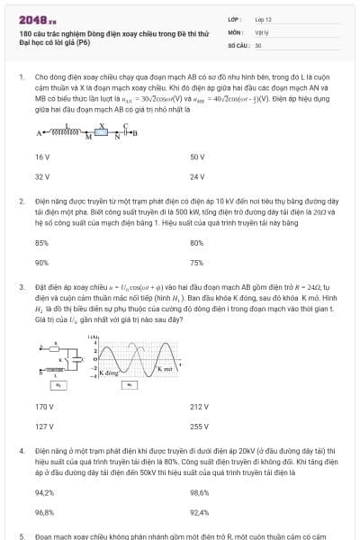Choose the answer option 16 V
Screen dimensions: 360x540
point(41,157)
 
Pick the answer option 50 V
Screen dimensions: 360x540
point(198,157)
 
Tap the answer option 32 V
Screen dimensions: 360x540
point(41,176)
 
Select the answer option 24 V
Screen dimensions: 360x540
point(198,176)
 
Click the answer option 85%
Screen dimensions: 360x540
point(41,243)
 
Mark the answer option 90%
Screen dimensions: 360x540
point(41,263)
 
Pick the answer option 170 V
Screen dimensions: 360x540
point(43,406)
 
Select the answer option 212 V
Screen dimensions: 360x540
point(199,406)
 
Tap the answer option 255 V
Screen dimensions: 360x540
point(199,426)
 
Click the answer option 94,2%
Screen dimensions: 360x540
point(44,492)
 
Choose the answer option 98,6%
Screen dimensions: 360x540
point(200,492)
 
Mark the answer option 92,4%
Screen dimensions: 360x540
point(200,512)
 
